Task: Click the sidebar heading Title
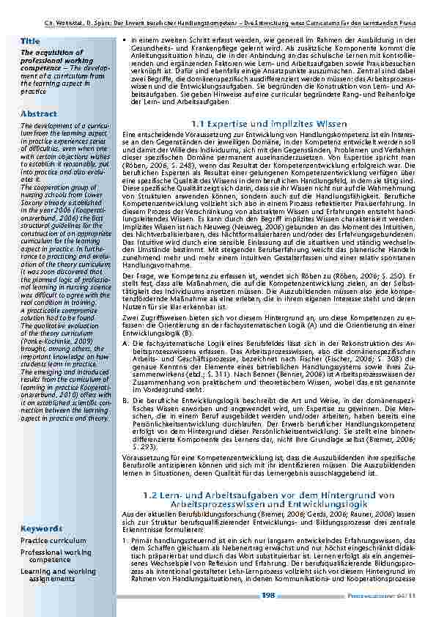tap(31, 41)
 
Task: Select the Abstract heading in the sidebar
tap(39, 114)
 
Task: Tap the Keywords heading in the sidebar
tap(41, 528)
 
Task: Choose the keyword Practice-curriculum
tap(53, 540)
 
